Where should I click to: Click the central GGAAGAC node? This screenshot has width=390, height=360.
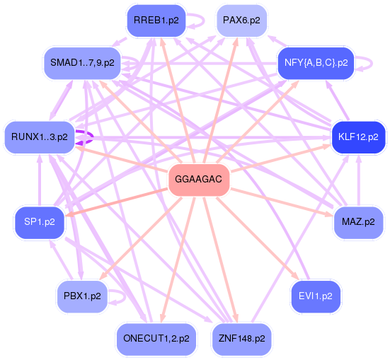[198, 180]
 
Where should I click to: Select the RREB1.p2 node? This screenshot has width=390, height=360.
[155, 21]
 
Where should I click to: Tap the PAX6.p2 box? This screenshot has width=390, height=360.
[241, 21]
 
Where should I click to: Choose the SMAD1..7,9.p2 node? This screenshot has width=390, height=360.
[83, 62]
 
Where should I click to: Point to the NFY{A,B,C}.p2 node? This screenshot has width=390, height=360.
[316, 62]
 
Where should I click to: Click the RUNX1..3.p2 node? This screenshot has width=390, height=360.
[40, 137]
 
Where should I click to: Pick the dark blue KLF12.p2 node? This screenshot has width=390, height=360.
[358, 137]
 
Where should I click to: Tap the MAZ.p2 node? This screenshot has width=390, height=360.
[358, 221]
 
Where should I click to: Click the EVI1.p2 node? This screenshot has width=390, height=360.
[316, 296]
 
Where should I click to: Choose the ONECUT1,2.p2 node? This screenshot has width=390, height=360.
[156, 339]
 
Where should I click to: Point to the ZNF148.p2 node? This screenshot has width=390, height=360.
[241, 339]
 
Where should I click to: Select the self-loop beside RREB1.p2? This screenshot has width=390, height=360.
[197, 21]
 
